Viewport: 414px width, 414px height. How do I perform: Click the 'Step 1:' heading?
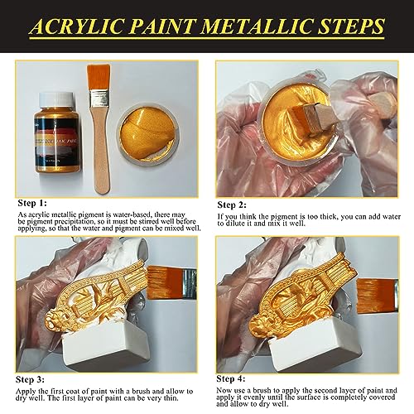[x=33, y=201]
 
